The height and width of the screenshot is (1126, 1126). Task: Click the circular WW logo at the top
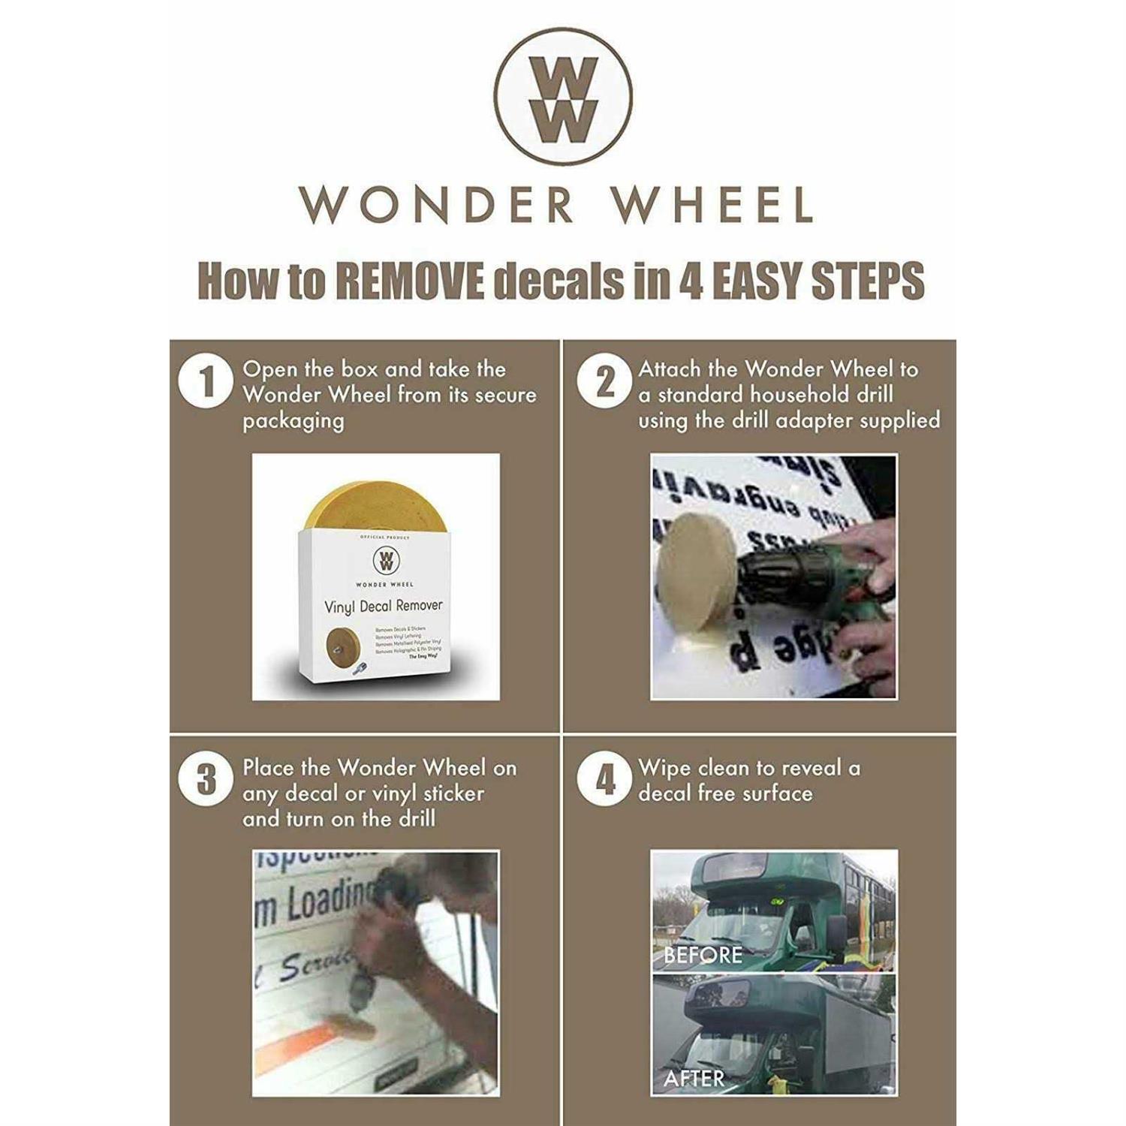(563, 96)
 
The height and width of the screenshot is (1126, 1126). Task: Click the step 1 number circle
(206, 381)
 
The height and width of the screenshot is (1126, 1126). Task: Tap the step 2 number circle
(604, 381)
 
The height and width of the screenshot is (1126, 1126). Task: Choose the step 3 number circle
(206, 779)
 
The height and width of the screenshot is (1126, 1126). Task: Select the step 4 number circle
(604, 779)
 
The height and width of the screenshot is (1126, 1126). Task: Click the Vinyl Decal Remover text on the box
(383, 606)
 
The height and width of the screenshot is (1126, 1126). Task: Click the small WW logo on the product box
(384, 560)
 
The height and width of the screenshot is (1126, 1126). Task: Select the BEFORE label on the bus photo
(703, 955)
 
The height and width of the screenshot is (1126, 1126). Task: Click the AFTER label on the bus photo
(694, 1079)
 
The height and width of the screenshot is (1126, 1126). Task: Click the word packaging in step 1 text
(293, 421)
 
